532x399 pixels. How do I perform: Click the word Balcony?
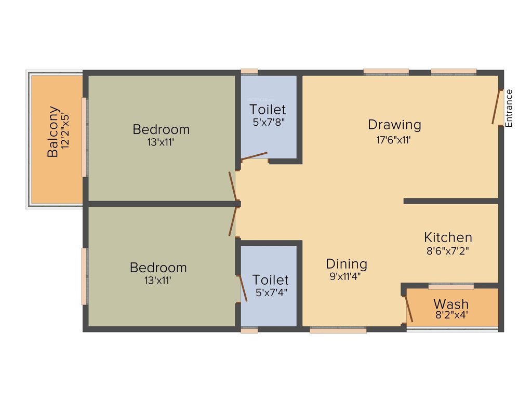pos(52,132)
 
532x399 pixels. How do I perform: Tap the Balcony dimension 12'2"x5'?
pos(65,132)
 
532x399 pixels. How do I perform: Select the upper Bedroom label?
pos(161,129)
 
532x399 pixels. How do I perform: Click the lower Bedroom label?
pos(158,268)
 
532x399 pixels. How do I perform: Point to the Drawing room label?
pos(394,125)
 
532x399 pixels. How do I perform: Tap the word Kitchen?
pos(448,237)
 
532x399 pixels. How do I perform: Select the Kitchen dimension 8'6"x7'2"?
pos(448,250)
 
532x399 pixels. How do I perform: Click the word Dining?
pos(347,264)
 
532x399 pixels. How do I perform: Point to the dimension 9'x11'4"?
pos(345,276)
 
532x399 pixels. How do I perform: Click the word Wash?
pos(451,304)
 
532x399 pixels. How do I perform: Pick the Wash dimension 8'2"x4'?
pos(451,315)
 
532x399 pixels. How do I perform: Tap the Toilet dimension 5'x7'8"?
pos(268,123)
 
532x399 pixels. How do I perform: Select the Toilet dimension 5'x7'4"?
pos(271,292)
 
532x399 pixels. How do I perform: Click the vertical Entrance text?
pos(509,108)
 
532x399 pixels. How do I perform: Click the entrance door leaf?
pos(497,107)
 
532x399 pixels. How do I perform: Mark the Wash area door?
pos(409,309)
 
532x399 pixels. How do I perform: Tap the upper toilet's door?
pos(255,156)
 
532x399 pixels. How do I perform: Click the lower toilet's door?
pos(243,288)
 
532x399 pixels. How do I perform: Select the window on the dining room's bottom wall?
pos(338,329)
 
